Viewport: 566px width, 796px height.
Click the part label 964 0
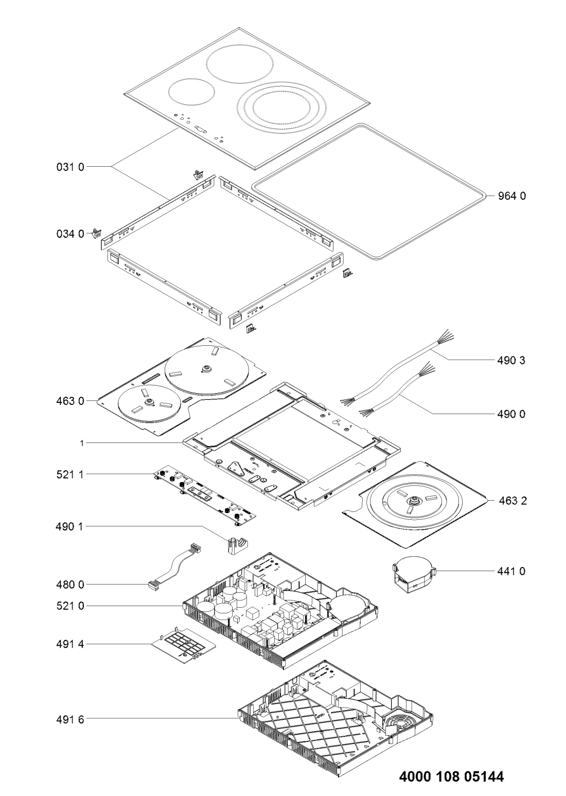pos(511,196)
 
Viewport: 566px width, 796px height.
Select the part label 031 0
pos(70,167)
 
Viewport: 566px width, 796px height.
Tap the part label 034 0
pos(70,234)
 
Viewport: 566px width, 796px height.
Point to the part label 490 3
pos(511,360)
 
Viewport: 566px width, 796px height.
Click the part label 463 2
pos(512,501)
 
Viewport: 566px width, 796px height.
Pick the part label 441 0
pos(511,572)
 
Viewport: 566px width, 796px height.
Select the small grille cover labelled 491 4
pos(184,644)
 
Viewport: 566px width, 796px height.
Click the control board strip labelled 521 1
pos(205,496)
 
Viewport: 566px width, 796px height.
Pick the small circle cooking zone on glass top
pos(191,92)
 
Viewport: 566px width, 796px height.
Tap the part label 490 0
pos(511,414)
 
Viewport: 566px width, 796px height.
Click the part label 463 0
pos(70,401)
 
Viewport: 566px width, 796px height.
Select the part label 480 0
pos(70,585)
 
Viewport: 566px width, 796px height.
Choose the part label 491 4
pos(70,644)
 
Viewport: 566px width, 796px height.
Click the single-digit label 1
pos(82,443)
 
